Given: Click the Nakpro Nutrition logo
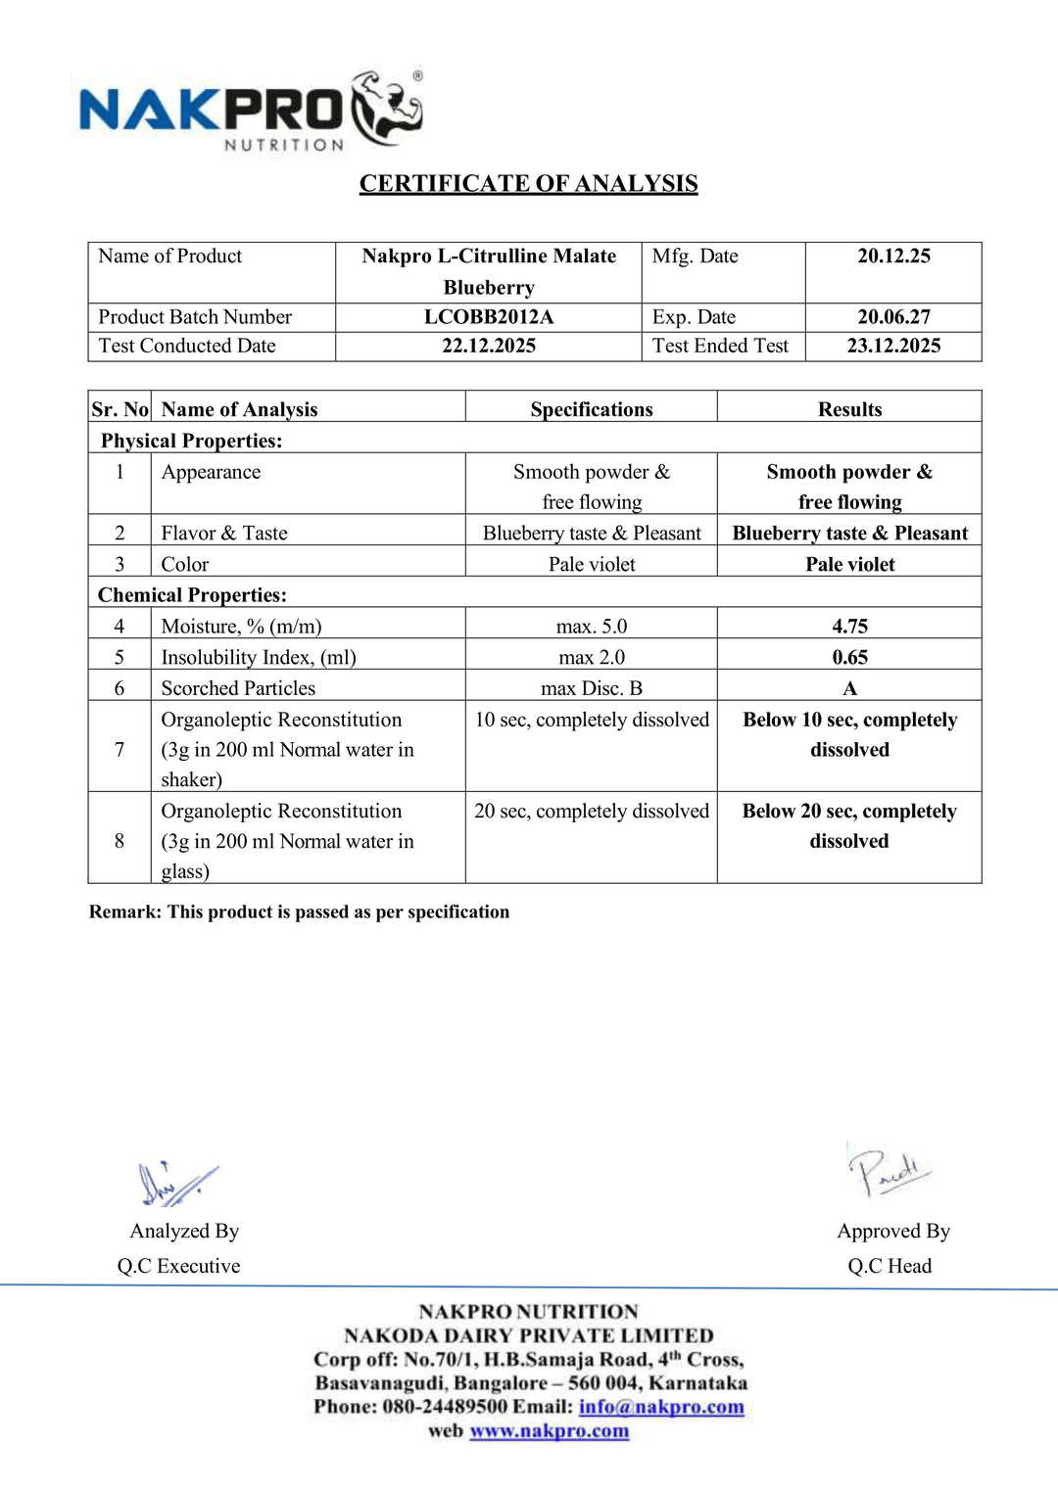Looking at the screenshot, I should click(251, 110).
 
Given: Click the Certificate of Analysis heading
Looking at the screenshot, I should click(528, 184).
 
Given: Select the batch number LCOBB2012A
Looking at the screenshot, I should click(488, 317).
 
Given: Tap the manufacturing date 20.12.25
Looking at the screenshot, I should click(893, 257).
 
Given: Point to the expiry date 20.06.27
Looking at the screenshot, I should click(893, 317).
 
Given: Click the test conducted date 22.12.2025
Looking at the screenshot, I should click(488, 346).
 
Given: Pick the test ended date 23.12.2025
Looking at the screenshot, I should click(893, 346).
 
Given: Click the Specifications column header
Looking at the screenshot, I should click(591, 409).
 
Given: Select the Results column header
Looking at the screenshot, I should click(849, 409).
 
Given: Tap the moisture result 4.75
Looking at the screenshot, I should click(849, 627).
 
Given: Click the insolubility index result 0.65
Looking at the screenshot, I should click(849, 658).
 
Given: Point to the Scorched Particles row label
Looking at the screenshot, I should click(238, 688).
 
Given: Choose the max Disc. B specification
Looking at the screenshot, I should click(591, 688).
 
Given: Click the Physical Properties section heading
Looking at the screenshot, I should click(191, 441).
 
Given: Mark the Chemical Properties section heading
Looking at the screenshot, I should click(192, 595).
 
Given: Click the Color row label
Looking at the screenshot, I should click(185, 565).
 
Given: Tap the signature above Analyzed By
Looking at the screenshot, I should click(176, 1183).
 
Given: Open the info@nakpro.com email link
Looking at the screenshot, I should click(661, 1407).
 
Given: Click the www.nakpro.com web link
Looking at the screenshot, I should click(549, 1431).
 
